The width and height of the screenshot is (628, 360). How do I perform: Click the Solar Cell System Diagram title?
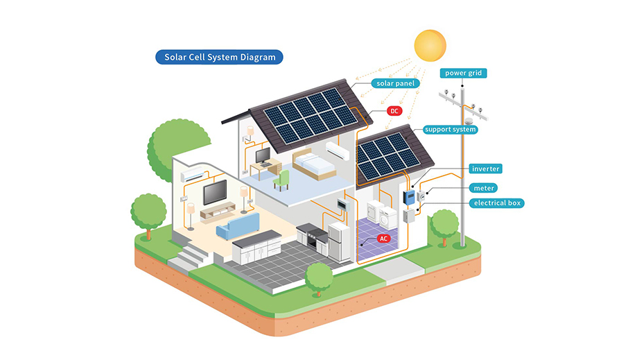tap(218, 57)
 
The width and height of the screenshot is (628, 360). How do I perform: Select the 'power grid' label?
tap(463, 73)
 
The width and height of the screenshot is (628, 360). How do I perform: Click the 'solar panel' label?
tap(396, 83)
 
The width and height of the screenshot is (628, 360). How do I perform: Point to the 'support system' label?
tap(450, 129)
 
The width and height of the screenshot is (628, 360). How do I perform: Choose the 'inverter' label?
tap(485, 169)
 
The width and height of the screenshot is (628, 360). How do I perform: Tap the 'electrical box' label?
tap(497, 203)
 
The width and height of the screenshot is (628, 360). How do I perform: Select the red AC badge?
tap(384, 238)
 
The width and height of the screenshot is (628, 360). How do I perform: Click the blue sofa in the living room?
tap(238, 224)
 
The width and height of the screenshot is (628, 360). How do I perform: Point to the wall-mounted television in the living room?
tap(214, 192)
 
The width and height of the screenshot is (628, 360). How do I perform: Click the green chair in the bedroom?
tap(281, 180)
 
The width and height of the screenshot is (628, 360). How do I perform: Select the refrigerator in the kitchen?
tap(339, 240)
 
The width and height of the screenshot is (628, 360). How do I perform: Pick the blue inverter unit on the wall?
tap(410, 198)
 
